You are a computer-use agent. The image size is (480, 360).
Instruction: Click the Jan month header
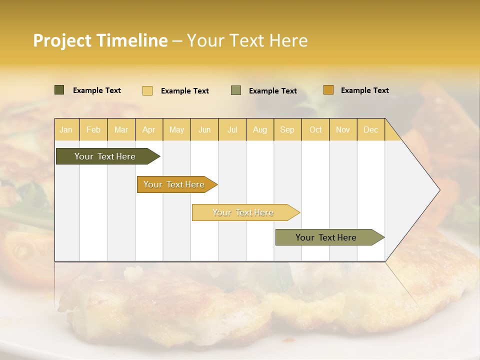coord(66,130)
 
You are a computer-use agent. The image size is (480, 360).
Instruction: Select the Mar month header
coord(121,130)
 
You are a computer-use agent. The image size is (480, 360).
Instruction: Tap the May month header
coord(176,130)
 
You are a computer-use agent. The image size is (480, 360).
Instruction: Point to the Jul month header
coord(232,130)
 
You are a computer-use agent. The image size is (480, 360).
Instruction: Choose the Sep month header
coord(287,130)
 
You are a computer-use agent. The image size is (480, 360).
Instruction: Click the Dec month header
coord(370,130)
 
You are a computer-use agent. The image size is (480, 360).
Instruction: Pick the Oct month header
coord(315,130)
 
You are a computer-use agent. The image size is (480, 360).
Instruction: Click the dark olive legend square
coord(59,90)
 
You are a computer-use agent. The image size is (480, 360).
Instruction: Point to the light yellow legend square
coord(147,90)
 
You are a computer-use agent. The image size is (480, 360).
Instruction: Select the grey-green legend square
coord(236,90)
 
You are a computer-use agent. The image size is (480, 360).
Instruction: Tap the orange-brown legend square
coord(328,90)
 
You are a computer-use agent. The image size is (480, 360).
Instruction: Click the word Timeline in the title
coord(132,40)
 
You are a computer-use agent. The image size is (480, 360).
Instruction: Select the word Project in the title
coord(61,40)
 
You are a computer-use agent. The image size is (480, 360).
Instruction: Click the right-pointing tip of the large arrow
coord(437,190)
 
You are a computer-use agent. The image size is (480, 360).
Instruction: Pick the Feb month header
coord(93,130)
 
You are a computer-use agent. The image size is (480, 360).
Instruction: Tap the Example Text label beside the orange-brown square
coord(364,90)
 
